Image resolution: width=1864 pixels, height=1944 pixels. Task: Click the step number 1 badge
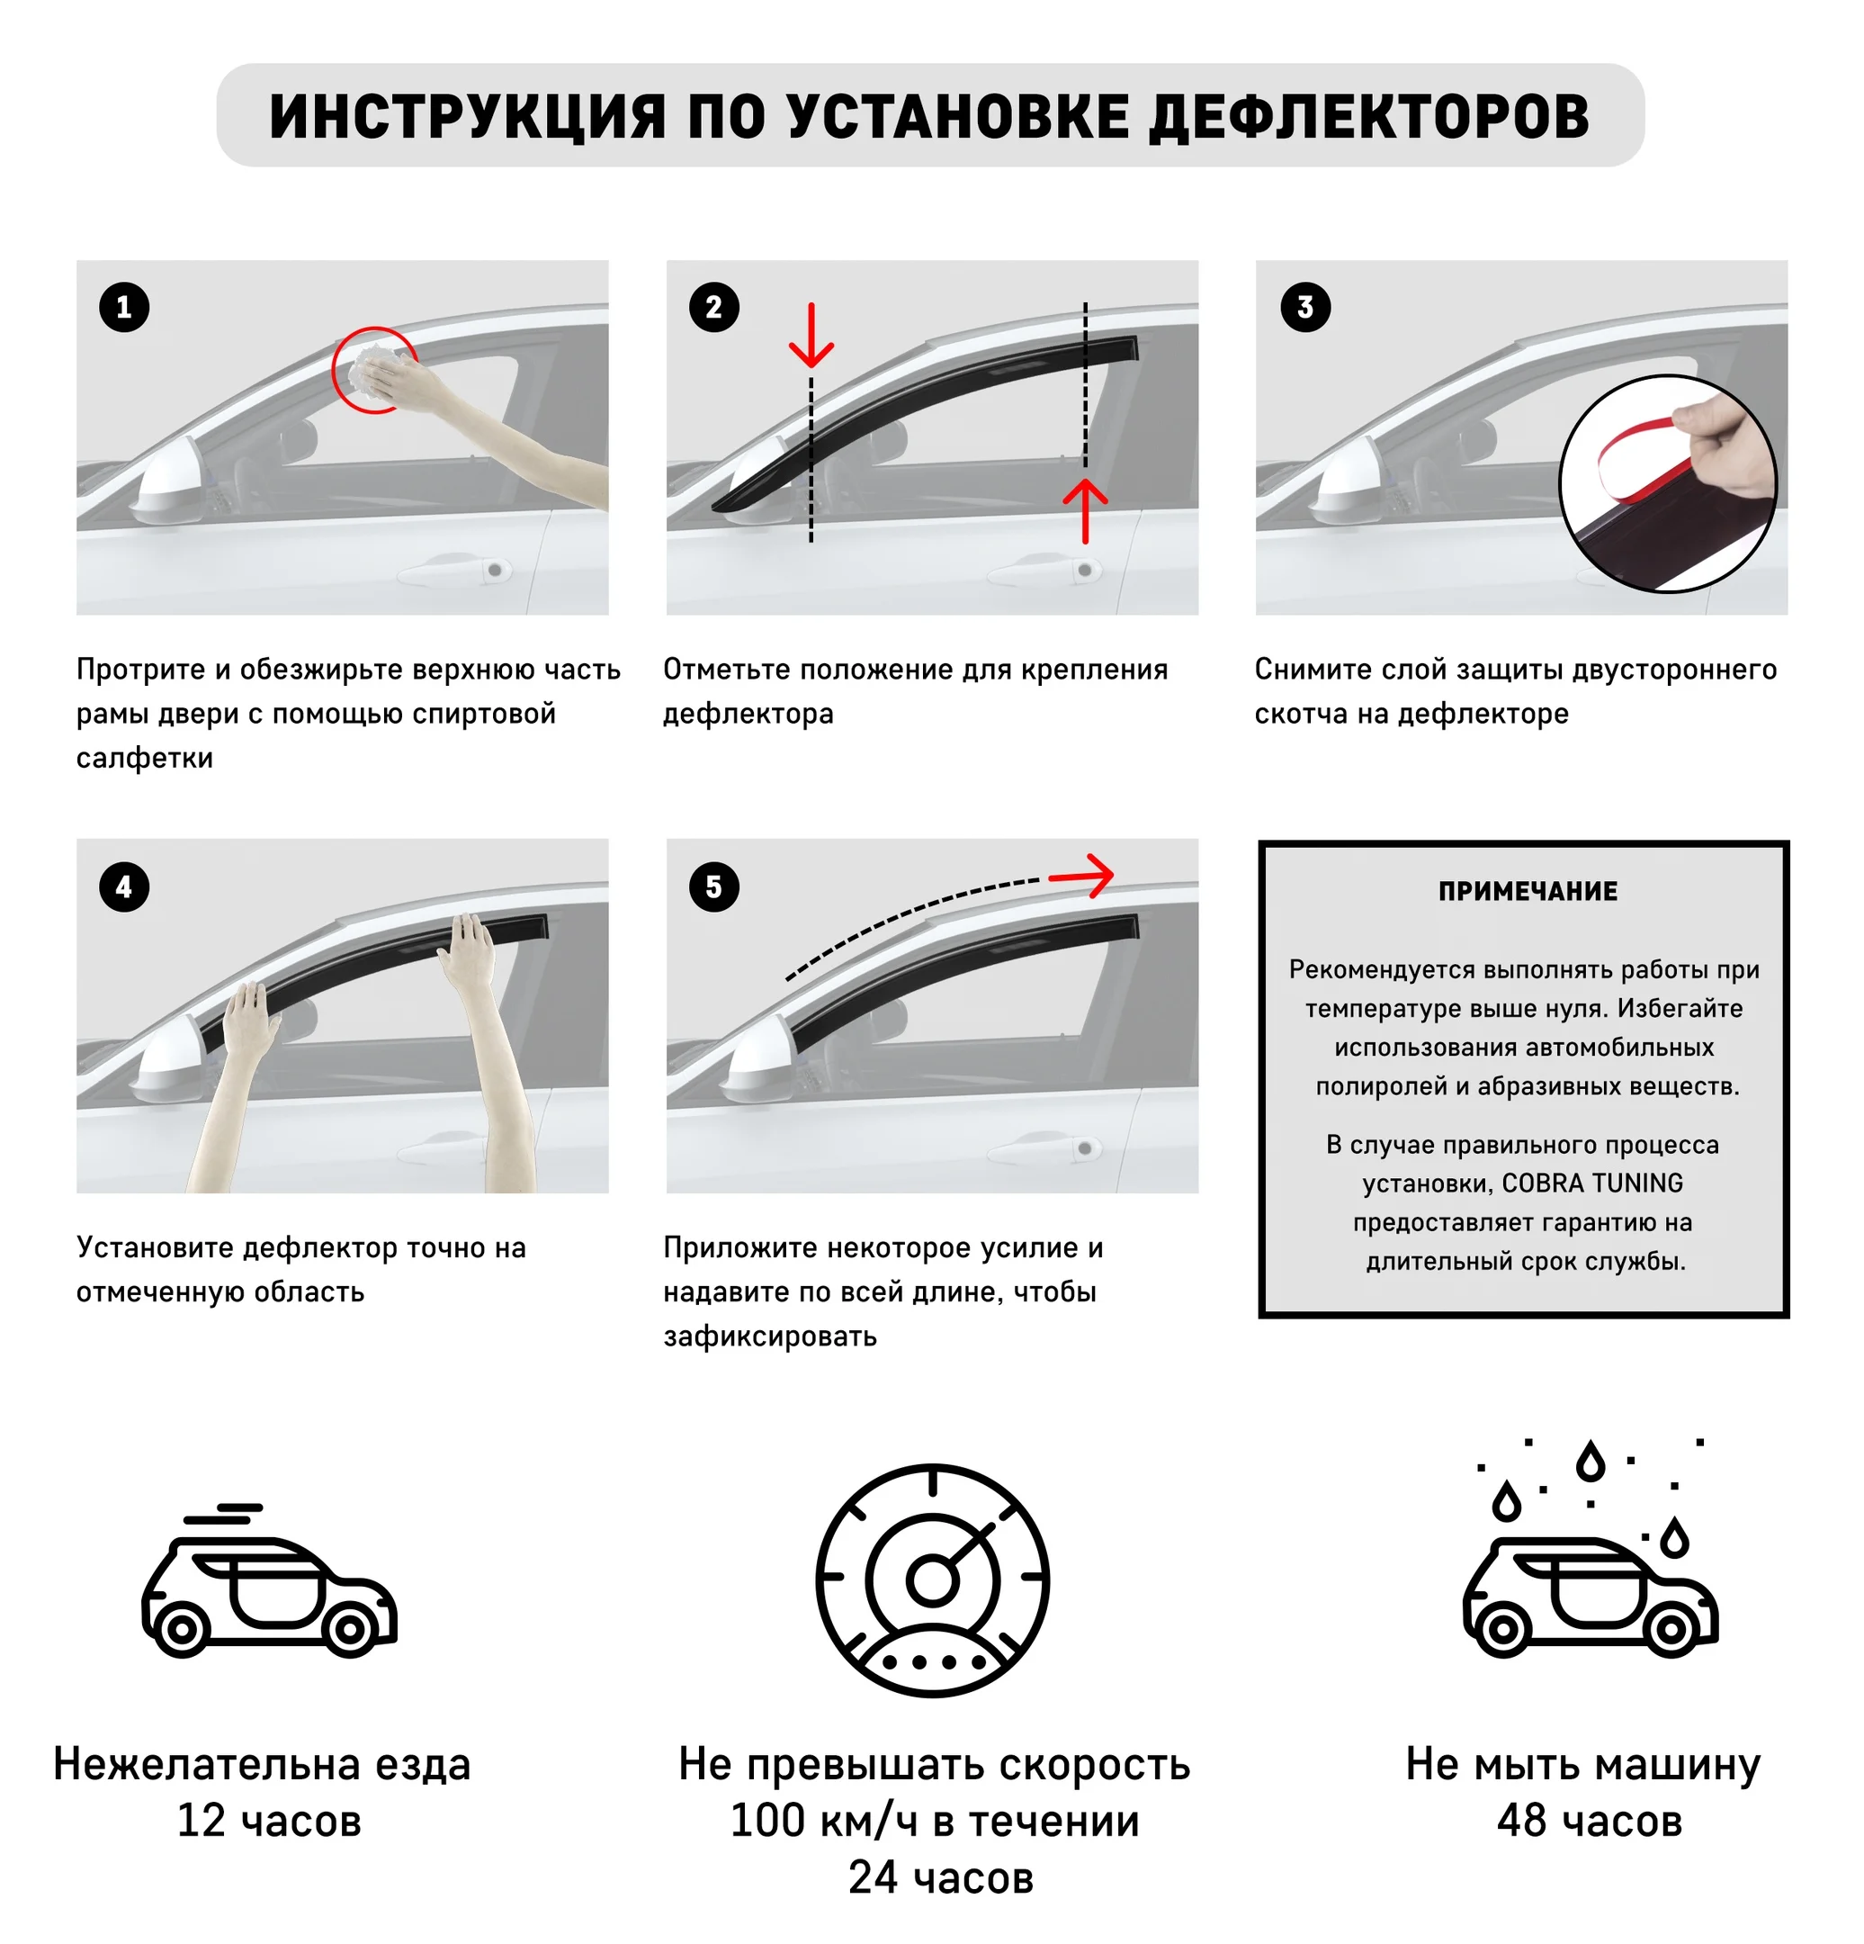(124, 308)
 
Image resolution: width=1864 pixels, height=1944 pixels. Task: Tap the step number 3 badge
(1304, 308)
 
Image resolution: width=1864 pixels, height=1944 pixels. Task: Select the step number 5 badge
(714, 886)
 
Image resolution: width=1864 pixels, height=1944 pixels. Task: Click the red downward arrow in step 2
(811, 337)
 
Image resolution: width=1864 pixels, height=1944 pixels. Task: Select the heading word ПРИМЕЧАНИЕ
(1527, 892)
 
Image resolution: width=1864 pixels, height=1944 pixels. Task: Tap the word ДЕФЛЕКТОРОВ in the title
(1369, 116)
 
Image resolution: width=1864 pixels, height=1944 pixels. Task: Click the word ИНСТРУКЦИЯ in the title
(467, 116)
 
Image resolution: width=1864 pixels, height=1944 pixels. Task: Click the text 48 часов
(1590, 1821)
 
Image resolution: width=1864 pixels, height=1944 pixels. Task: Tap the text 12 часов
(269, 1821)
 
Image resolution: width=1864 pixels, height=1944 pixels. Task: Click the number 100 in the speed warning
(766, 1821)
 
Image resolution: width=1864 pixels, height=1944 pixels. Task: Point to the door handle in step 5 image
(1051, 1149)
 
